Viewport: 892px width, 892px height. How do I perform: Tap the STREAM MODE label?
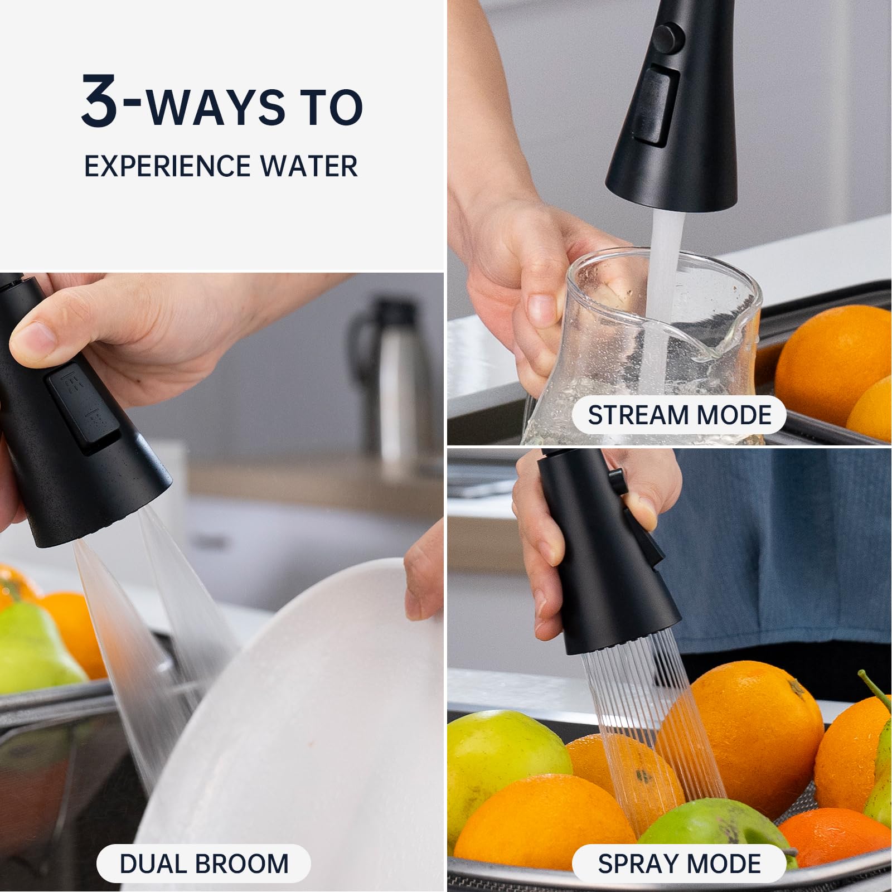(679, 415)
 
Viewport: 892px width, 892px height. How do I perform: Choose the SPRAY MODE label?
(679, 864)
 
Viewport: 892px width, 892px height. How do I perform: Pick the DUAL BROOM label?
(203, 864)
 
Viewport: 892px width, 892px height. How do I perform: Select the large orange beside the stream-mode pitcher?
(831, 357)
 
